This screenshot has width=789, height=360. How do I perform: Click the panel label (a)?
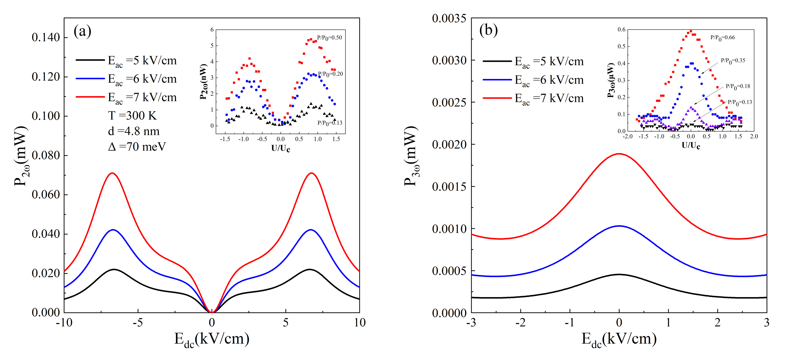click(x=82, y=31)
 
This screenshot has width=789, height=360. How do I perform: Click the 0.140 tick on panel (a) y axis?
click(x=46, y=37)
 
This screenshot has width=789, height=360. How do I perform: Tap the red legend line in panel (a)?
click(x=90, y=97)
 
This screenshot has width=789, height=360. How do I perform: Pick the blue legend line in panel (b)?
click(x=497, y=80)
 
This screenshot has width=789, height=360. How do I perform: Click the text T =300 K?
click(x=132, y=116)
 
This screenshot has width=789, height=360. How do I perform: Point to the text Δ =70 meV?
click(x=137, y=147)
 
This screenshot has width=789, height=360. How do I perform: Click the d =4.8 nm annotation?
click(x=134, y=131)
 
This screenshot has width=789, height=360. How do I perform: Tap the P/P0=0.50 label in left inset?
click(x=329, y=38)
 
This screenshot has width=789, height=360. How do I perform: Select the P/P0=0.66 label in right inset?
click(x=722, y=37)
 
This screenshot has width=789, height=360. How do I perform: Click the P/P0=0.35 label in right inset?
click(x=733, y=60)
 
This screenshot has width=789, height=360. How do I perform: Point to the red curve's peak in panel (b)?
click(x=619, y=154)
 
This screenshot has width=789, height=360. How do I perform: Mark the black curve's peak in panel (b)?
click(x=619, y=274)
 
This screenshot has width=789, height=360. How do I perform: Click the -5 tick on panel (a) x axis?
click(x=138, y=323)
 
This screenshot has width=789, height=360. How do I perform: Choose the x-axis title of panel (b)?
click(x=619, y=339)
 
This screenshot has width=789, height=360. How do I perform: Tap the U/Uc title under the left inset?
click(x=281, y=148)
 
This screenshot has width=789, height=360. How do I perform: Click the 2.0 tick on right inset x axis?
click(x=754, y=136)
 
